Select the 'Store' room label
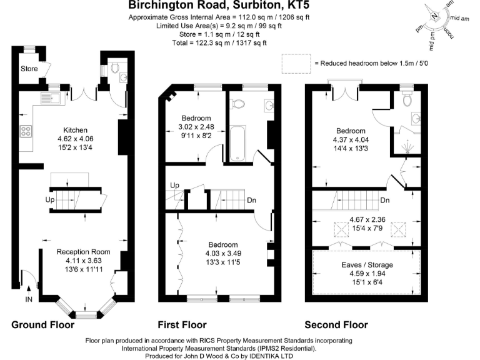(29, 68)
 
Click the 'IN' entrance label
(29, 300)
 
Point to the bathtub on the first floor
(237, 144)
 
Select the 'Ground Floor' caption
(42, 325)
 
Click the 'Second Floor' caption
(336, 325)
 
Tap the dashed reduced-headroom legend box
(296, 63)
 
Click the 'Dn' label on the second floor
(385, 201)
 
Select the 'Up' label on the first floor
(175, 186)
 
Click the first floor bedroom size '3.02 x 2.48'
(196, 126)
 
